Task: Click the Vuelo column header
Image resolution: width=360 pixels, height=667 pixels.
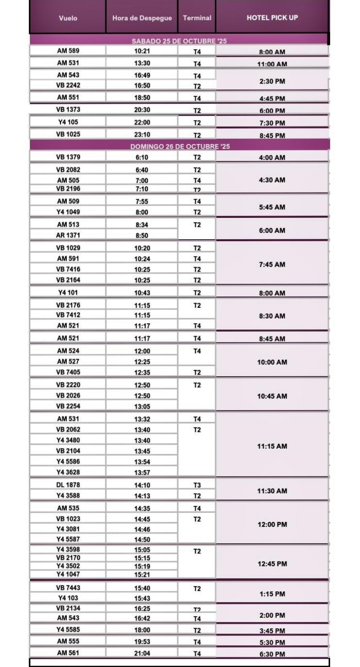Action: [x=68, y=18]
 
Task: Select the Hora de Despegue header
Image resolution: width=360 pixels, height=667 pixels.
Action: [x=142, y=18]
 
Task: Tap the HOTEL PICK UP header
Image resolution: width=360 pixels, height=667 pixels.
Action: [x=272, y=18]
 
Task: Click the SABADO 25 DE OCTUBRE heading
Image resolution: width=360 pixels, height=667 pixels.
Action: [x=179, y=41]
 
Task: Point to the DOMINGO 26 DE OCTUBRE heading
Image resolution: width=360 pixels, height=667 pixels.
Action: [x=180, y=146]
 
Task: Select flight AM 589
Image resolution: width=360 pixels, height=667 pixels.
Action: [x=68, y=51]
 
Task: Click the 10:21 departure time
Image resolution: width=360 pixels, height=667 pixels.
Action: [x=142, y=51]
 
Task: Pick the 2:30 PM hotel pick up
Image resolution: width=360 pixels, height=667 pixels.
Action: [x=272, y=81]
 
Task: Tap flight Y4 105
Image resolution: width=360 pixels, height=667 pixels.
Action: [x=68, y=122]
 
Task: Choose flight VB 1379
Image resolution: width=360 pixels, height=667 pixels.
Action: [x=68, y=157]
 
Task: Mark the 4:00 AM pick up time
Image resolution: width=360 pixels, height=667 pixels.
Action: [x=272, y=158]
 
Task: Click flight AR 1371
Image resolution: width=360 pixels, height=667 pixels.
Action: [x=68, y=235]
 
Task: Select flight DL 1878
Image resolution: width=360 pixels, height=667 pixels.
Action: [x=68, y=485]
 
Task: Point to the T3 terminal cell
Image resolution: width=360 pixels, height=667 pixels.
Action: [x=197, y=485]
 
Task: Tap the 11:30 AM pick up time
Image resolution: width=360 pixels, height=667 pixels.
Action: [x=272, y=491]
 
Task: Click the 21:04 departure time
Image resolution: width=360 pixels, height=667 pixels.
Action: [x=142, y=653]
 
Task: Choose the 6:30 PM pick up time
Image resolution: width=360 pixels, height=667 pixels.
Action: [x=272, y=654]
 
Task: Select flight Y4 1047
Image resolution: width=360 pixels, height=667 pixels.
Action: [x=68, y=574]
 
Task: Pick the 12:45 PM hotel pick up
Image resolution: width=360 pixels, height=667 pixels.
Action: [x=272, y=564]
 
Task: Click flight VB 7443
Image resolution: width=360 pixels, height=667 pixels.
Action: [x=68, y=587]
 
